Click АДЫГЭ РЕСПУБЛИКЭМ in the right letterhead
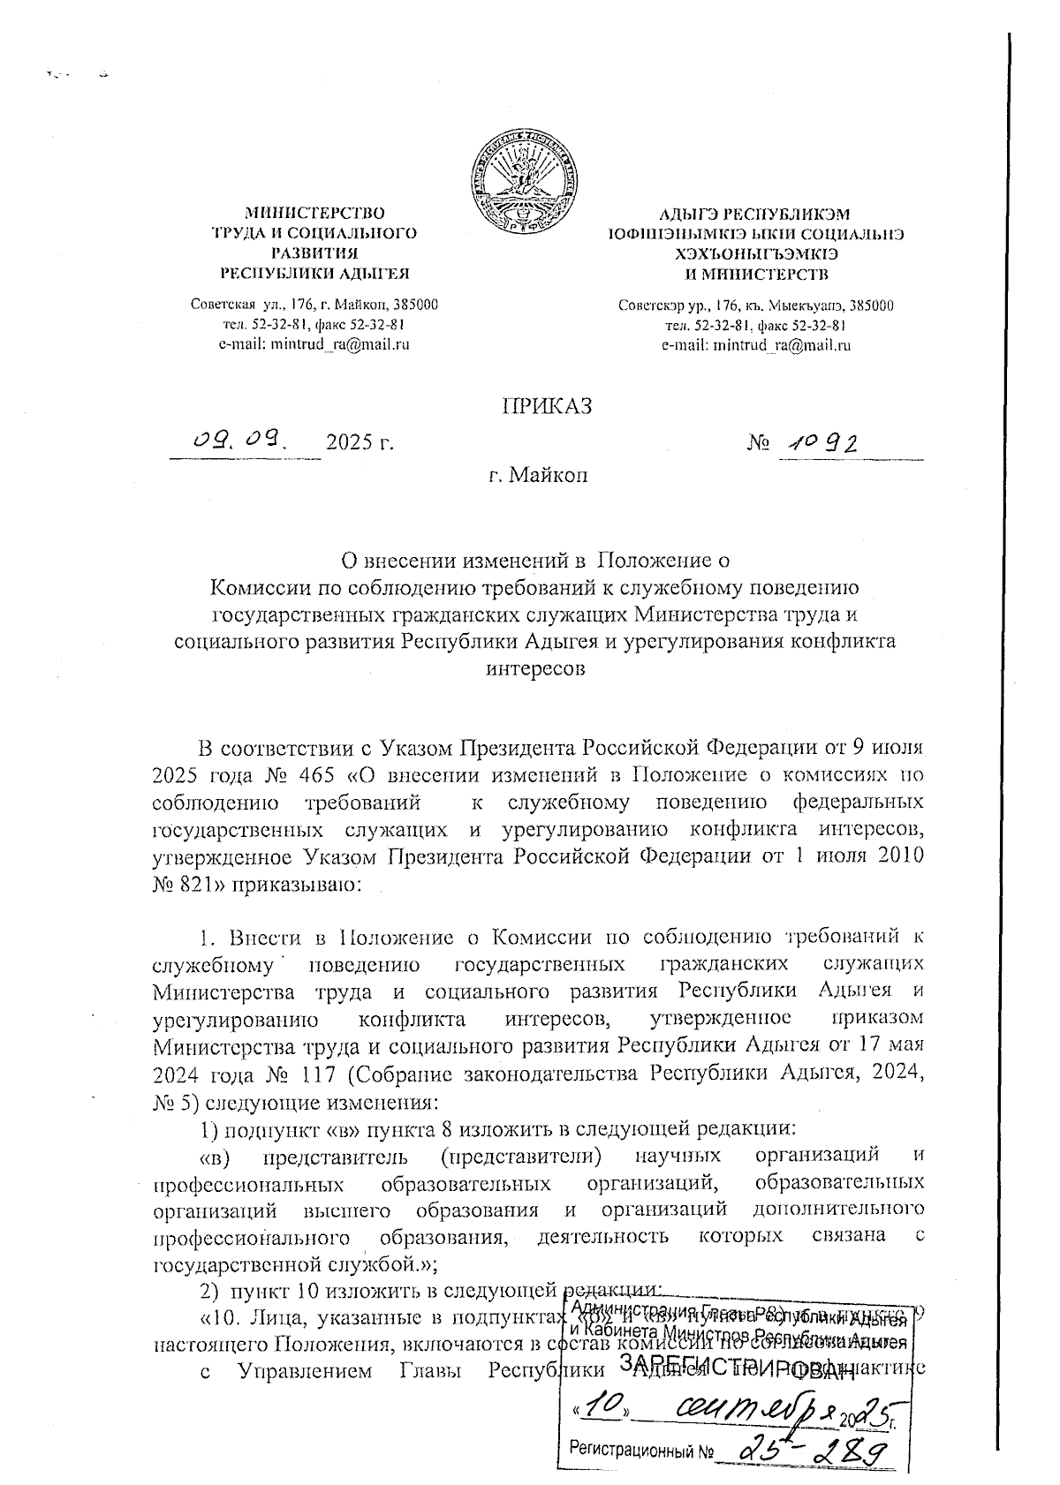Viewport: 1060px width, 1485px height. [x=755, y=215]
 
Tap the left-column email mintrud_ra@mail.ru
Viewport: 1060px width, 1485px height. [x=314, y=344]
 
